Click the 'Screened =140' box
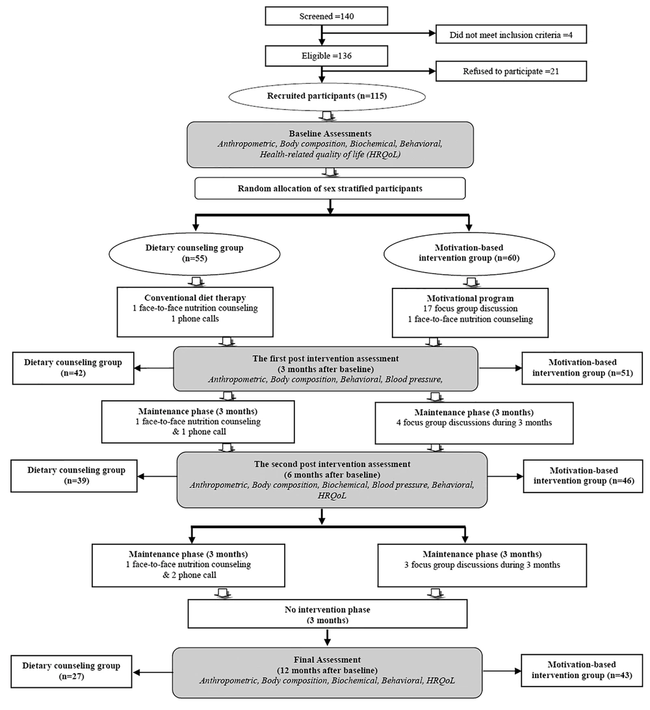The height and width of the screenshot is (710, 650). (326, 16)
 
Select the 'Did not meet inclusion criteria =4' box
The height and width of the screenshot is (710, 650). (511, 34)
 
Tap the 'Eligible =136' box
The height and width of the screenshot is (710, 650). (326, 56)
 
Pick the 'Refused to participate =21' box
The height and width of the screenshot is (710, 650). (511, 71)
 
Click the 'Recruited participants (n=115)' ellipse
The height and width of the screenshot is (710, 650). (326, 96)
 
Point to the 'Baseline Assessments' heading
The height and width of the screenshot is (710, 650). (330, 134)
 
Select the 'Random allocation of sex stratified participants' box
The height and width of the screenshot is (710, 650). (330, 188)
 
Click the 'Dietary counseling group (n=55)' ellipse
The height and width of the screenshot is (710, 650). (194, 253)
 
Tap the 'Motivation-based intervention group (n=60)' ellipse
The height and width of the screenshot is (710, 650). (469, 253)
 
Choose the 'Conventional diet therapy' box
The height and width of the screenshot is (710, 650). (195, 312)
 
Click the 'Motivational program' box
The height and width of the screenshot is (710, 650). (470, 313)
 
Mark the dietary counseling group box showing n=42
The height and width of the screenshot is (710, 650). (73, 368)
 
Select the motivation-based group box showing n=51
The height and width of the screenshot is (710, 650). (582, 368)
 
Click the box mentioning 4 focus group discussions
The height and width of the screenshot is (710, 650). (474, 423)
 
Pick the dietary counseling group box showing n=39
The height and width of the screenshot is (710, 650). (74, 476)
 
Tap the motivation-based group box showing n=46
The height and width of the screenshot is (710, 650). (583, 476)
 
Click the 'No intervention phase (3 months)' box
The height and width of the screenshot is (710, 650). (328, 615)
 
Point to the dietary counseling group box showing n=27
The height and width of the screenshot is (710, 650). (71, 671)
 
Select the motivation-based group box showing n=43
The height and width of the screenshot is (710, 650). (582, 670)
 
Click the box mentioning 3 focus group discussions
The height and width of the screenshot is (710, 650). (482, 565)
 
